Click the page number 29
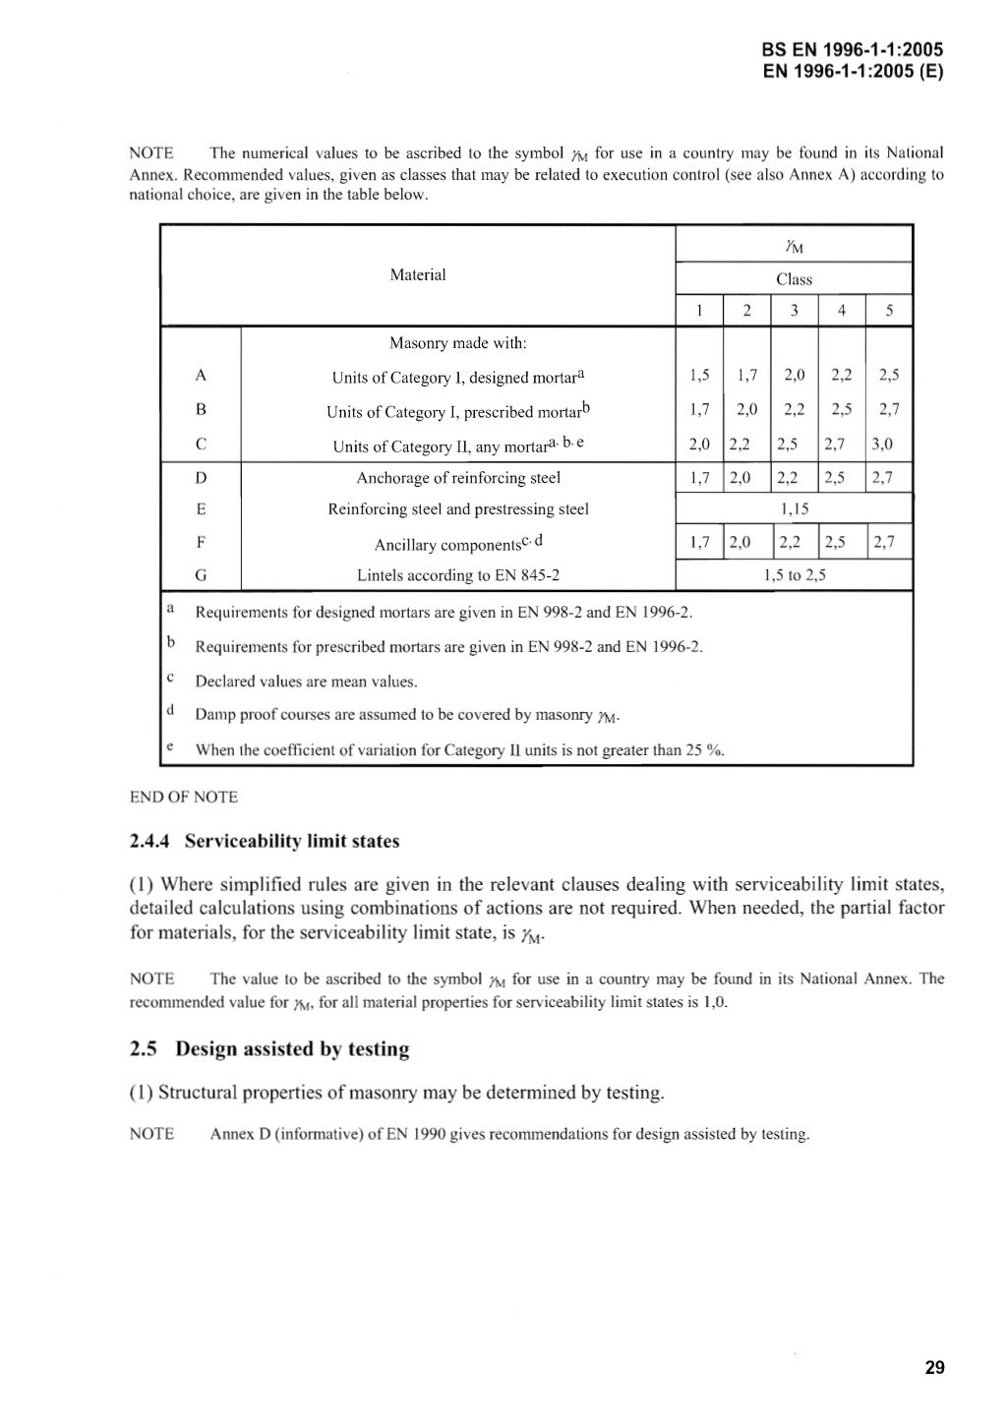(x=934, y=1367)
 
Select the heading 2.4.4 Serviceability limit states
(x=265, y=842)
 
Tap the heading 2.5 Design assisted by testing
(x=269, y=1049)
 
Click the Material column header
(x=417, y=275)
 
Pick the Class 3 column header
(x=794, y=311)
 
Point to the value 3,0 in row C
(x=882, y=445)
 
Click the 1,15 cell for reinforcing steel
(x=794, y=509)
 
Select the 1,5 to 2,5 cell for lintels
(x=794, y=575)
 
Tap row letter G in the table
(x=201, y=575)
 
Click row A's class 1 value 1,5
(x=699, y=376)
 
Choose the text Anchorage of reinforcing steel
(x=458, y=478)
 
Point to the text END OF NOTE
(x=184, y=797)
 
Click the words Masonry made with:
(x=458, y=343)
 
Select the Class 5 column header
(x=888, y=311)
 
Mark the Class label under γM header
(x=794, y=279)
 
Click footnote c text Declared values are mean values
(x=306, y=681)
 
